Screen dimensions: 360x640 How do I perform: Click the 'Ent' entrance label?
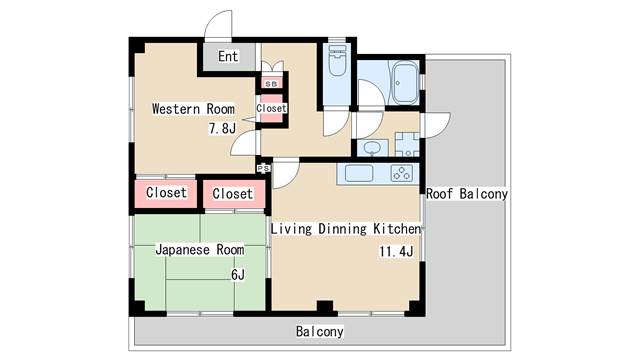(228, 57)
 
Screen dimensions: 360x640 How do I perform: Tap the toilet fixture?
(337, 64)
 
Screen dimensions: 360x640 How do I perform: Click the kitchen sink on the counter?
(360, 173)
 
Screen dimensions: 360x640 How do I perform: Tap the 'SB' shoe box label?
(271, 83)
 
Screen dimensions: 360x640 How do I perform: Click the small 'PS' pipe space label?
(264, 169)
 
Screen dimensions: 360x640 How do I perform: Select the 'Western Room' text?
(193, 108)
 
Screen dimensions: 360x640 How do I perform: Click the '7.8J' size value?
(222, 129)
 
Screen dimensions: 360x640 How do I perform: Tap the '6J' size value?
(238, 274)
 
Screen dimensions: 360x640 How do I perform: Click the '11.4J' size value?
(396, 252)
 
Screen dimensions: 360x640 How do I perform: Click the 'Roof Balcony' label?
(467, 194)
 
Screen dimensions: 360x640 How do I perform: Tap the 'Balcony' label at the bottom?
(319, 331)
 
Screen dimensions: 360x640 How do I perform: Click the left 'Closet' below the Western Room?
(166, 193)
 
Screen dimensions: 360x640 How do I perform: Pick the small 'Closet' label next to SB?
(271, 108)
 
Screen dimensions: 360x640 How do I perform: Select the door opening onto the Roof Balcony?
(435, 125)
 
